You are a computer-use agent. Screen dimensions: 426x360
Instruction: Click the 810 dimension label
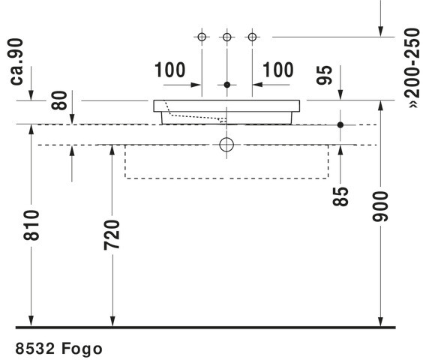pyautogui.click(x=31, y=225)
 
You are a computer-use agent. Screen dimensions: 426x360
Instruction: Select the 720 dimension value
pyautogui.click(x=112, y=235)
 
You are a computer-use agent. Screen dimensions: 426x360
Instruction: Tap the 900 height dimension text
pyautogui.click(x=381, y=207)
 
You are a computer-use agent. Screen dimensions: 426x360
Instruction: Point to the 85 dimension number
pyautogui.click(x=340, y=196)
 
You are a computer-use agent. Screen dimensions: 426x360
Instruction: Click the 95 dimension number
pyautogui.click(x=325, y=75)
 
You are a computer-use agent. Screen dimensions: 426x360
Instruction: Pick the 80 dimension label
pyautogui.click(x=59, y=100)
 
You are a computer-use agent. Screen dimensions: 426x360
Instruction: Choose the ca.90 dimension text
pyautogui.click(x=16, y=62)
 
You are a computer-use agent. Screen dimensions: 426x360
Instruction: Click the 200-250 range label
pyautogui.click(x=412, y=68)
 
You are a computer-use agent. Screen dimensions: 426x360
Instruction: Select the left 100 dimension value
pyautogui.click(x=170, y=70)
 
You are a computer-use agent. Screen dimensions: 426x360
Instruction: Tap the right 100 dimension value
pyautogui.click(x=278, y=70)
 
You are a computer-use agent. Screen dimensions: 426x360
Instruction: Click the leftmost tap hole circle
pyautogui.click(x=202, y=37)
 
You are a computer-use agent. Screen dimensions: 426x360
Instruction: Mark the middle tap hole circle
pyautogui.click(x=227, y=37)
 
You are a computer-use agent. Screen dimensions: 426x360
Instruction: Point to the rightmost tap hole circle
pyautogui.click(x=253, y=37)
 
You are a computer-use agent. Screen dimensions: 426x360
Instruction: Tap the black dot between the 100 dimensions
pyautogui.click(x=227, y=85)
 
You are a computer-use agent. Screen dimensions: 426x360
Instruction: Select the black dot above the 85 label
pyautogui.click(x=340, y=124)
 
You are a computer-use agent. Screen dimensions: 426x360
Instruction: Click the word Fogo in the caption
pyautogui.click(x=82, y=349)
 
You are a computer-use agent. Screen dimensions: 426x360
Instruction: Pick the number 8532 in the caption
pyautogui.click(x=35, y=348)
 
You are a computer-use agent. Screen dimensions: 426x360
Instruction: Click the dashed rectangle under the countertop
pyautogui.click(x=125, y=162)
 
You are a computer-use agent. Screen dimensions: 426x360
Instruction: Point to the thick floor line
pyautogui.click(x=205, y=328)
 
